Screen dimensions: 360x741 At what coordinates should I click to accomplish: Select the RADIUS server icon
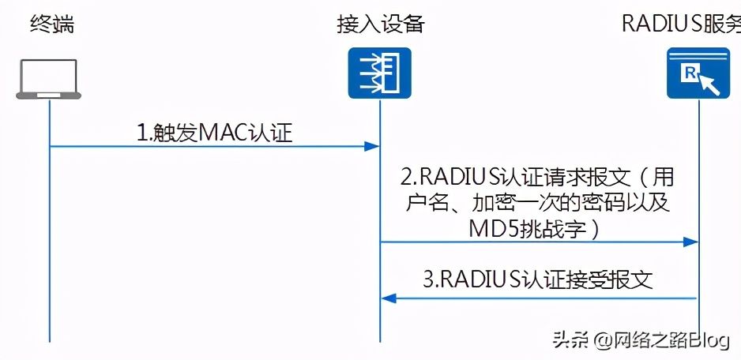(698, 73)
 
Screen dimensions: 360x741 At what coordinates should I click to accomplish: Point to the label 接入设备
(381, 24)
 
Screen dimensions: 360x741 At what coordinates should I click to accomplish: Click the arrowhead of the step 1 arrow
(374, 146)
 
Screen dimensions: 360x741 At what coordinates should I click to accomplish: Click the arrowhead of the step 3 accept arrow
(387, 298)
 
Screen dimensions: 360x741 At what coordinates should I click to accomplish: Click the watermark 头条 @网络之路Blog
(640, 339)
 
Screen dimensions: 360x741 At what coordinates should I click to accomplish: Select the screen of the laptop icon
(50, 77)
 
